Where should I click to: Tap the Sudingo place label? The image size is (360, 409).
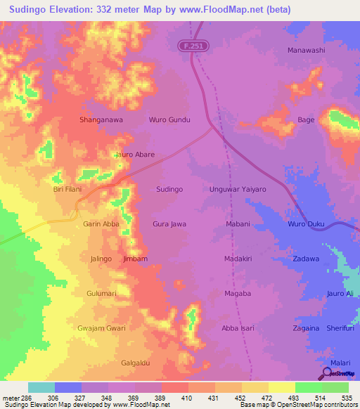click(169, 190)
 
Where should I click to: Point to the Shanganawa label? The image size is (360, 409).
click(101, 120)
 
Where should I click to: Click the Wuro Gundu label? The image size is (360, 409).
click(169, 120)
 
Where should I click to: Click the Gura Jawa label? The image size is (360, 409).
click(169, 224)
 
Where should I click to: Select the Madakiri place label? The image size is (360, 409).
click(238, 259)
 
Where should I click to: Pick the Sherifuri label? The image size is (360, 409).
click(341, 328)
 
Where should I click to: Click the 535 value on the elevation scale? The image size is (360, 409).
click(345, 398)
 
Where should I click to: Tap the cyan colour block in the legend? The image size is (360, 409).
click(41, 387)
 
